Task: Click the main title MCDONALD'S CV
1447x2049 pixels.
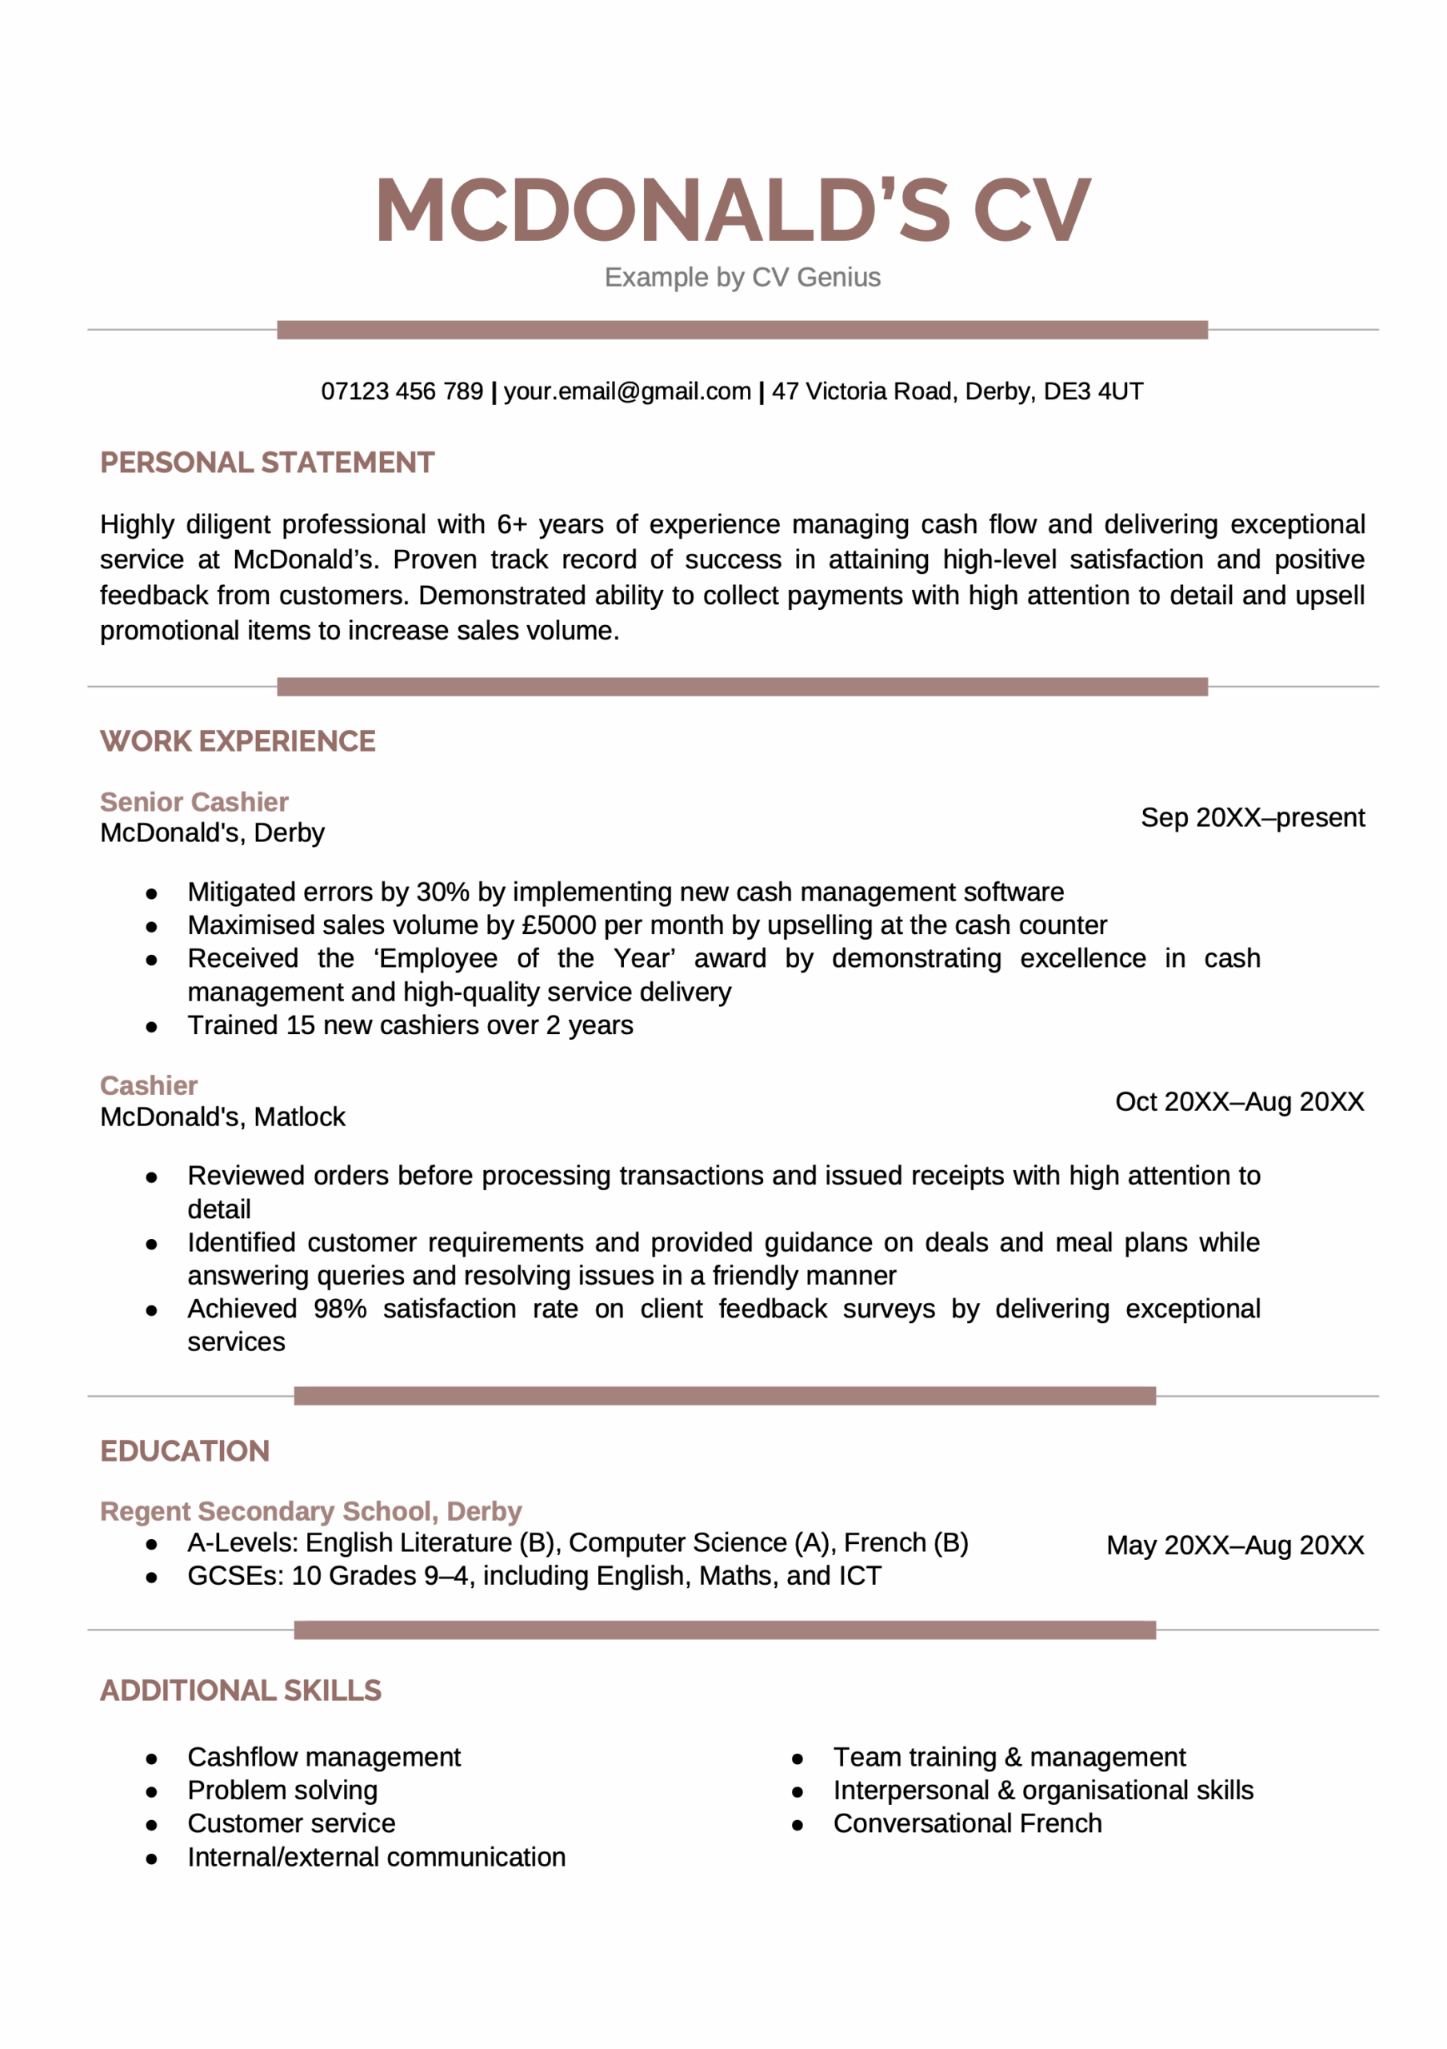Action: (733, 211)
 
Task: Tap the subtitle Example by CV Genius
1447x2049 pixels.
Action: (741, 278)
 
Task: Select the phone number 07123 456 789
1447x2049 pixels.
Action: (402, 391)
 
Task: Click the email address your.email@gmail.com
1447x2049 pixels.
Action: (626, 391)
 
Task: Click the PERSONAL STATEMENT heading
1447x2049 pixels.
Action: (266, 463)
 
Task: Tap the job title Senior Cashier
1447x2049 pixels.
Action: (194, 801)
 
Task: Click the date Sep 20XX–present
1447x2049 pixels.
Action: (1252, 817)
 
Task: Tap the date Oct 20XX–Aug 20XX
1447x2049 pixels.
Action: (1239, 1101)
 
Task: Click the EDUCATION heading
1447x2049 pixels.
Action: (185, 1451)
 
